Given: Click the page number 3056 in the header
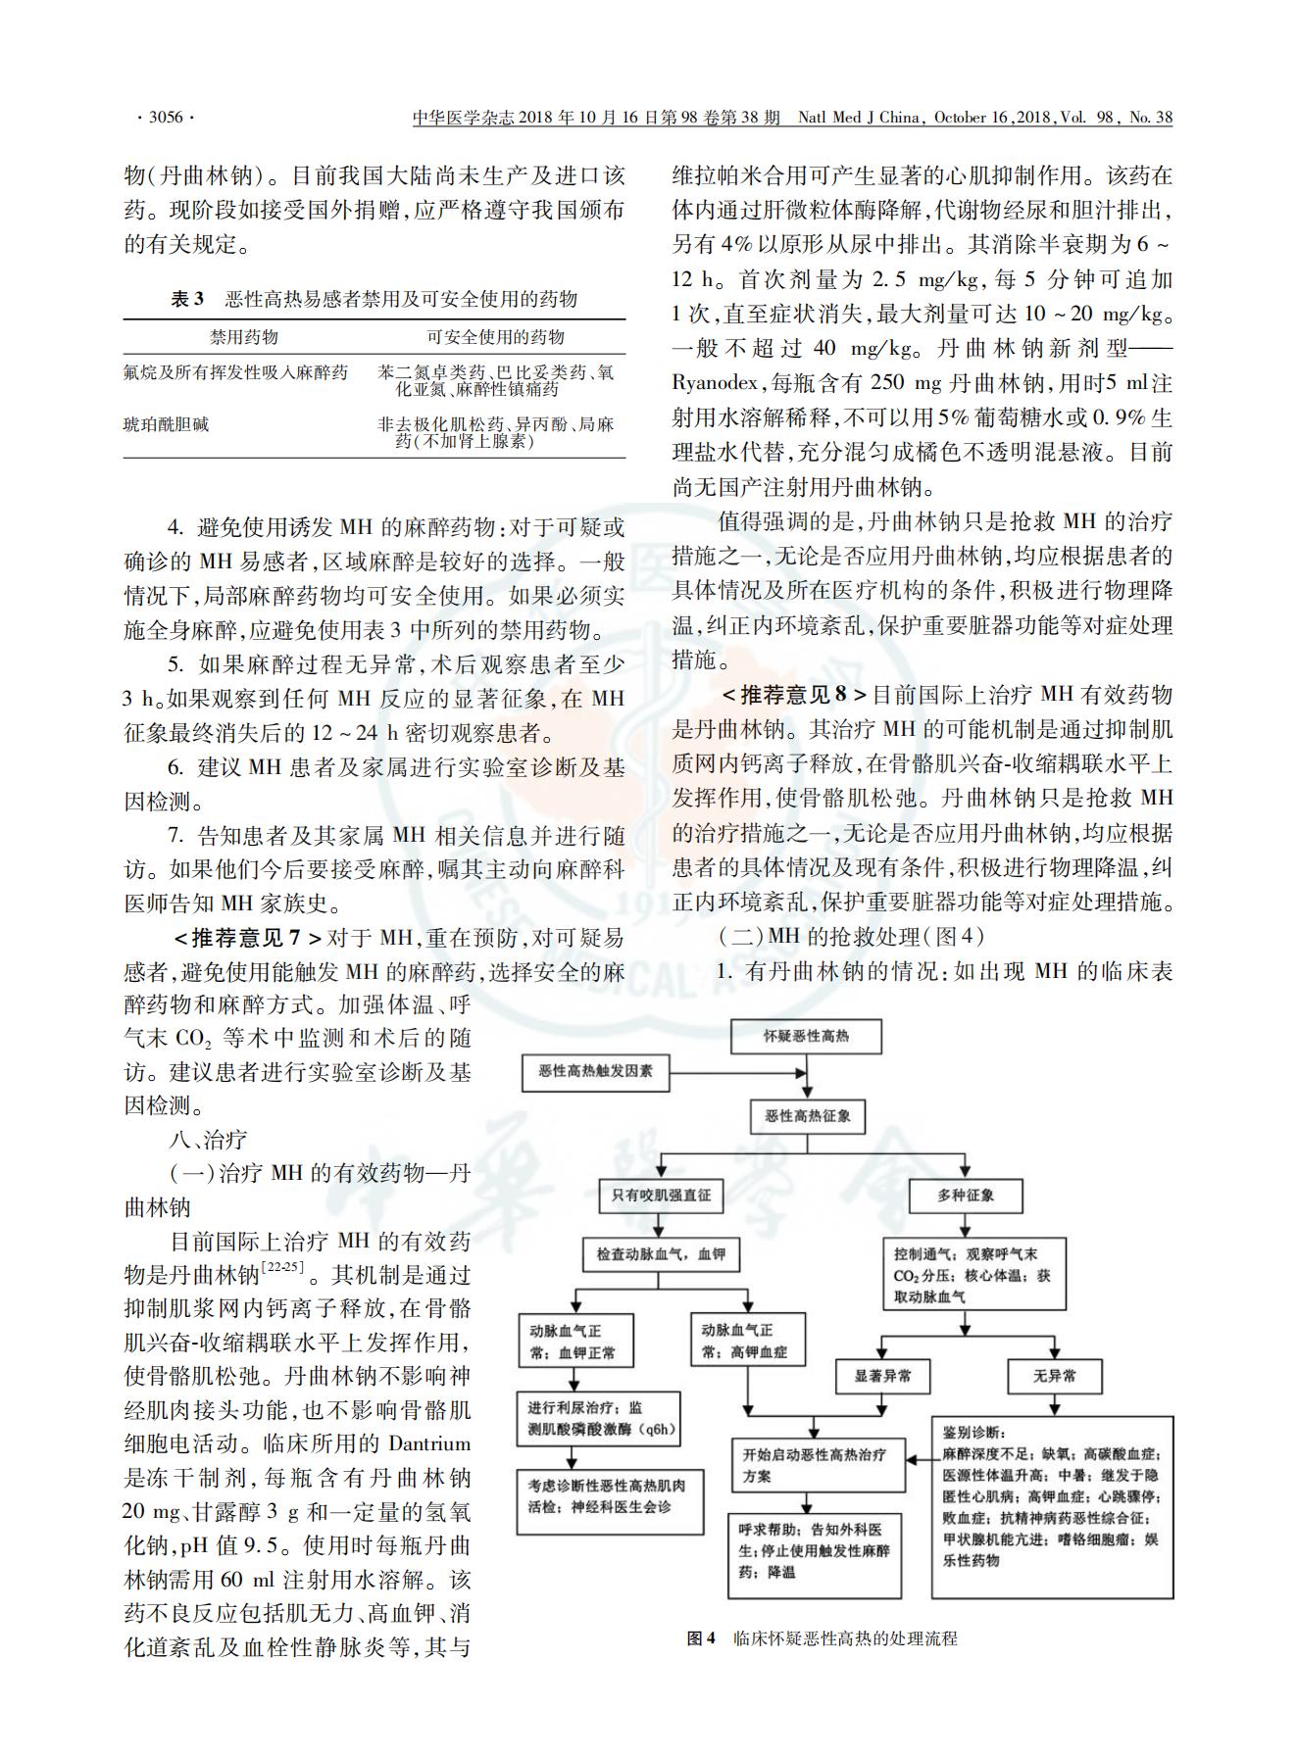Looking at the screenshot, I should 165,118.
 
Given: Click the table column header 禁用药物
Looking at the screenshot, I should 244,337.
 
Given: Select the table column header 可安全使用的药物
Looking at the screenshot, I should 495,337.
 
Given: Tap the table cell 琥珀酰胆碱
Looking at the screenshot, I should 166,425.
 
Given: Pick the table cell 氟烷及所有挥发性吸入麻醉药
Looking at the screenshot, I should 235,373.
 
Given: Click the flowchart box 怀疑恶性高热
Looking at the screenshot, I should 807,1036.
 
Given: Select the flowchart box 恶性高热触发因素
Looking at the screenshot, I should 595,1071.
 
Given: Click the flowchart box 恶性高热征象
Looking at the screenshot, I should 807,1116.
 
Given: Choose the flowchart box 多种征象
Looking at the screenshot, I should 966,1195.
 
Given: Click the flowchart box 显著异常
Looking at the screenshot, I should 882,1376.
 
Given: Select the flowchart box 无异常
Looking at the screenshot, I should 1054,1376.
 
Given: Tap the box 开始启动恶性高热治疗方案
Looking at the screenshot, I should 817,1465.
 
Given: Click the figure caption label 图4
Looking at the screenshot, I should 702,1637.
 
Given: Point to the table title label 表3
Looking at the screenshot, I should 187,299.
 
